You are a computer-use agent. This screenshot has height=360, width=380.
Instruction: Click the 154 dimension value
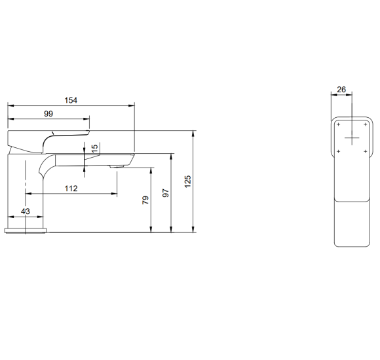point(71,100)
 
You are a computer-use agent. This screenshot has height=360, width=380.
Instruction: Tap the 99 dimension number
point(48,113)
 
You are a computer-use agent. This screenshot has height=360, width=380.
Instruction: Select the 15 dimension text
point(95,148)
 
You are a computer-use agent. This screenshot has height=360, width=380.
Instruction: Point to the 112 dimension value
point(71,189)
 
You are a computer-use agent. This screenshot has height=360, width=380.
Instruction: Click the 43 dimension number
point(26,211)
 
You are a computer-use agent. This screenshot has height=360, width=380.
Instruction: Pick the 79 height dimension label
point(145,200)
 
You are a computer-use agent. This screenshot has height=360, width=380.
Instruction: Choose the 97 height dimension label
point(166,193)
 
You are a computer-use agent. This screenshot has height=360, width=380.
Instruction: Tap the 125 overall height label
point(187,181)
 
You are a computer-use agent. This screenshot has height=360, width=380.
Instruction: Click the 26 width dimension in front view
point(341,90)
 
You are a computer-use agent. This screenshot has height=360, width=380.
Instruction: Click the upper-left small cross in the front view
point(339,124)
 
